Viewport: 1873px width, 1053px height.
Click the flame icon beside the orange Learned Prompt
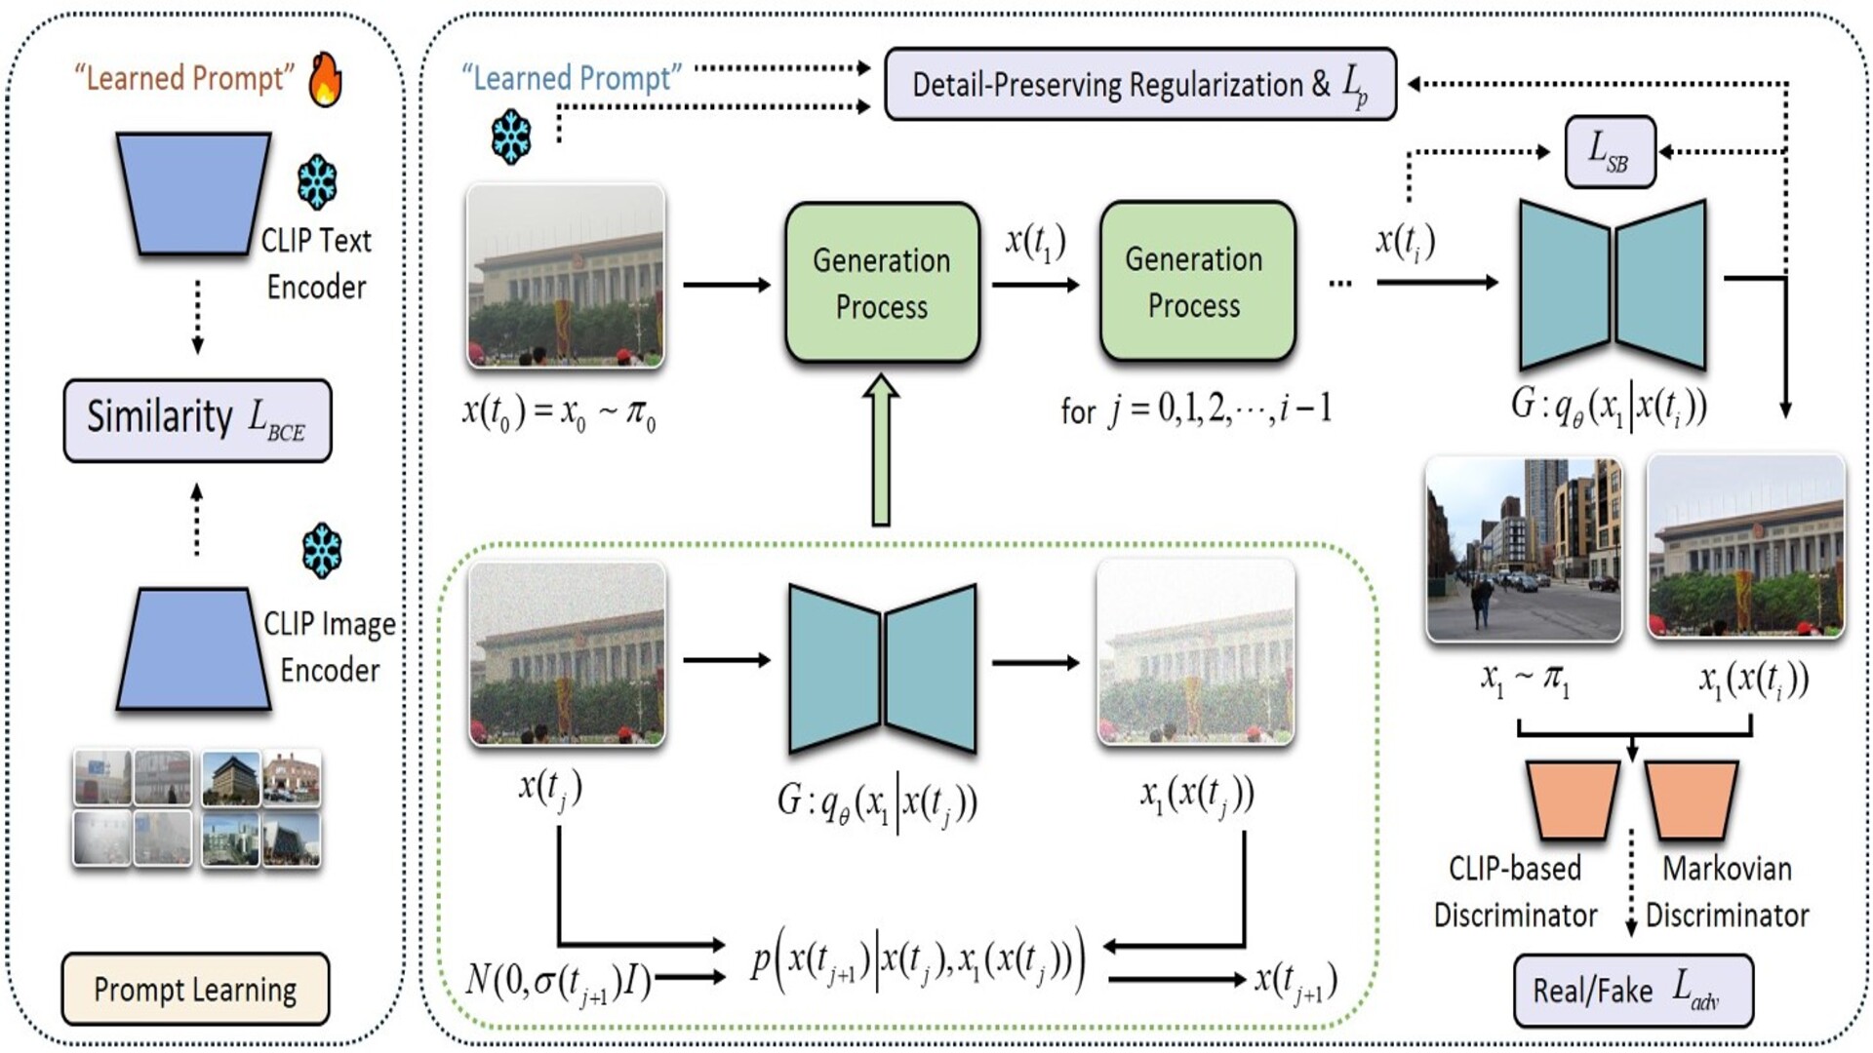pyautogui.click(x=326, y=79)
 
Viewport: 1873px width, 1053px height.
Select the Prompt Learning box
pyautogui.click(x=195, y=989)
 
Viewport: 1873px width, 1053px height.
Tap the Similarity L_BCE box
pyautogui.click(x=197, y=419)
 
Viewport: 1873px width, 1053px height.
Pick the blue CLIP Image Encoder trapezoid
pyautogui.click(x=193, y=648)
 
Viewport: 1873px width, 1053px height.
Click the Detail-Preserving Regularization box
pyautogui.click(x=1139, y=84)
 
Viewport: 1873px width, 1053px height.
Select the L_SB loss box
pyautogui.click(x=1610, y=151)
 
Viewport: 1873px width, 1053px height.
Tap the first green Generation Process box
pyautogui.click(x=882, y=283)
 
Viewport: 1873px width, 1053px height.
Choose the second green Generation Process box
pyautogui.click(x=1196, y=282)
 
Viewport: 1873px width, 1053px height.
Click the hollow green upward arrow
pyautogui.click(x=881, y=450)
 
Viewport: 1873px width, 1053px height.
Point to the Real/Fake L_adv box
pyautogui.click(x=1632, y=991)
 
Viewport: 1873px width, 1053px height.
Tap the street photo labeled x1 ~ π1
pyautogui.click(x=1524, y=549)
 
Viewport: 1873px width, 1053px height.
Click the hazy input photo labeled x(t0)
pyautogui.click(x=566, y=276)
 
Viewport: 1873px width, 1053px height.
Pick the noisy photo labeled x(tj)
pyautogui.click(x=567, y=654)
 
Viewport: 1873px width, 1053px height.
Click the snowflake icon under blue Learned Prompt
pyautogui.click(x=511, y=136)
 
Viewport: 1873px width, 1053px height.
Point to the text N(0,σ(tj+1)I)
pyautogui.click(x=558, y=978)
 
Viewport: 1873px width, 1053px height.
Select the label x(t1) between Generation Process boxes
pyautogui.click(x=1035, y=241)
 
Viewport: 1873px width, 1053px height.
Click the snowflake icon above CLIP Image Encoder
pyautogui.click(x=321, y=551)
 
